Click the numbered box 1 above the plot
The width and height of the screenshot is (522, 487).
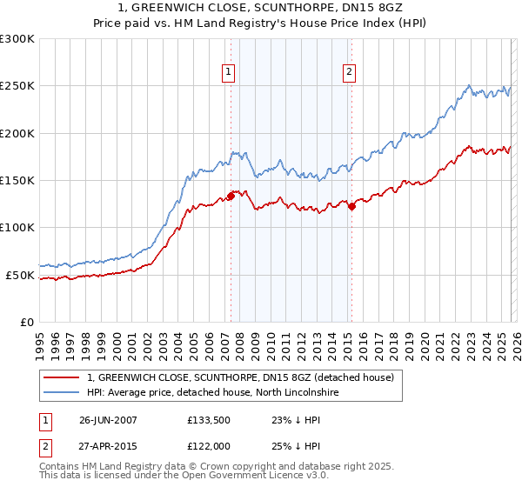pyautogui.click(x=228, y=72)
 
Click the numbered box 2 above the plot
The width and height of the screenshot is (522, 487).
pyautogui.click(x=349, y=72)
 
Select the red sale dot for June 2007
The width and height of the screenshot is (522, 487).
pyautogui.click(x=231, y=196)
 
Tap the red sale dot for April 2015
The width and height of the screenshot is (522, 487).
pyautogui.click(x=351, y=206)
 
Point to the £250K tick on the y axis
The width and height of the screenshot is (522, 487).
pyautogui.click(x=17, y=86)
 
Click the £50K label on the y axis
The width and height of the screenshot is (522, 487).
pyautogui.click(x=20, y=275)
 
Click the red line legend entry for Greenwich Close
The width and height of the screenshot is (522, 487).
pyautogui.click(x=241, y=377)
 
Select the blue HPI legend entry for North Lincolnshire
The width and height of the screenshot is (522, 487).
pyautogui.click(x=223, y=393)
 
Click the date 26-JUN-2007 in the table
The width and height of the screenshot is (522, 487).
pyautogui.click(x=108, y=419)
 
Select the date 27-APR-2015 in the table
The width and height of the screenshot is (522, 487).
pyautogui.click(x=108, y=447)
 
